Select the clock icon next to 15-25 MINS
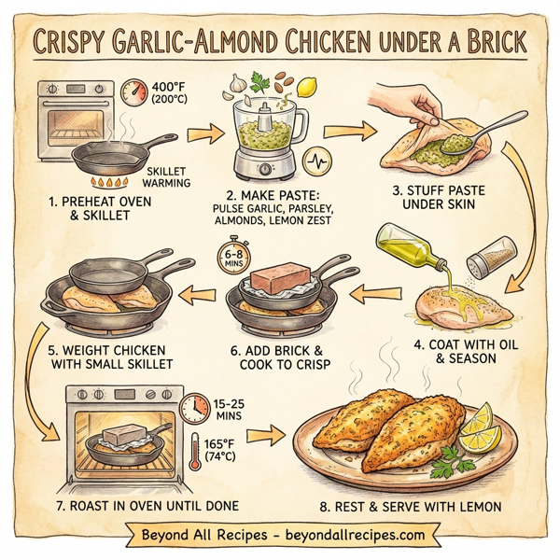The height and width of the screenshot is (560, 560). [x=194, y=407]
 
